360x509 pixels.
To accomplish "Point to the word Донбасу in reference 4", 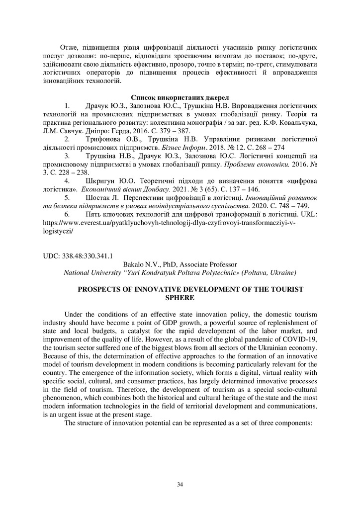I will [x=161, y=189].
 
